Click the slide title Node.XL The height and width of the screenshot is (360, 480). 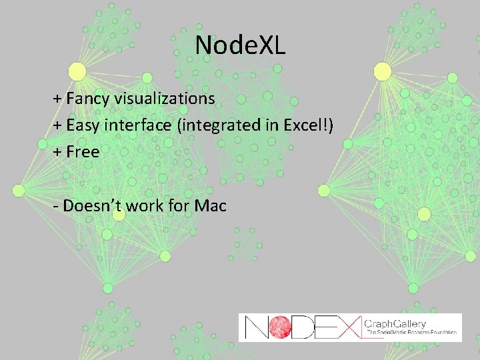pyautogui.click(x=240, y=45)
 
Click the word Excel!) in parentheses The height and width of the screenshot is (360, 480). pyautogui.click(x=310, y=125)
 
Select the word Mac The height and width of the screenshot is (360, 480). pyautogui.click(x=211, y=205)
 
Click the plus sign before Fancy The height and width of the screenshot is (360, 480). pyautogui.click(x=57, y=99)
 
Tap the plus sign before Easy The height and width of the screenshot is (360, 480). pyautogui.click(x=57, y=125)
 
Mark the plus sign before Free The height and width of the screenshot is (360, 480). pyautogui.click(x=57, y=152)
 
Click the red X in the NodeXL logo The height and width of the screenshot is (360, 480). pyautogui.click(x=347, y=327)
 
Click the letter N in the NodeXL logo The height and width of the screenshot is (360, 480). pyautogui.click(x=257, y=327)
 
